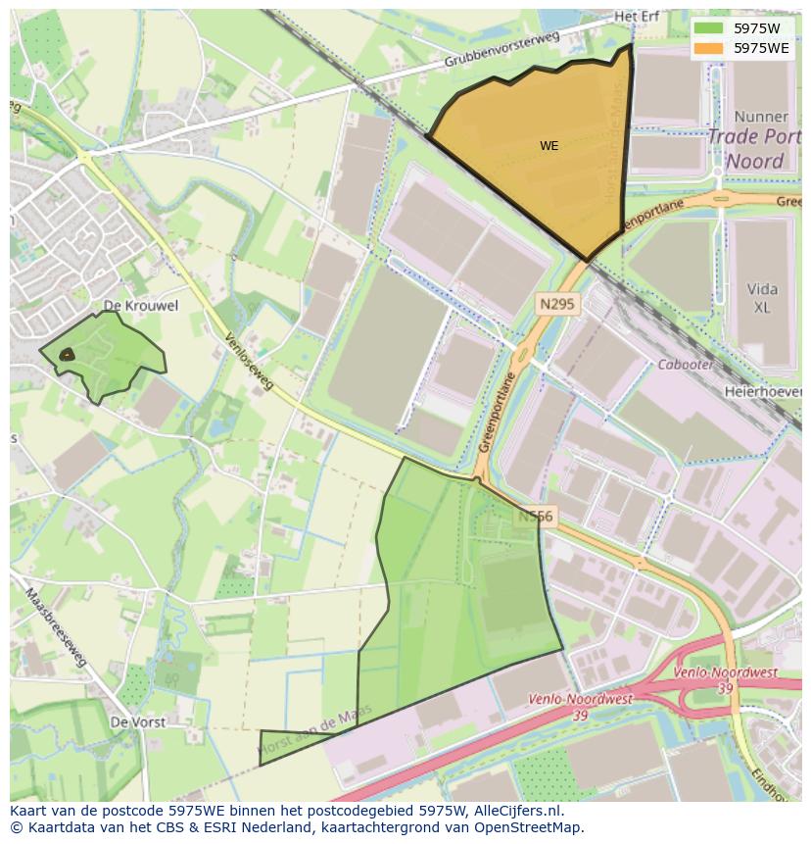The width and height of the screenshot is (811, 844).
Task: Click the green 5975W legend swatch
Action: pos(708,28)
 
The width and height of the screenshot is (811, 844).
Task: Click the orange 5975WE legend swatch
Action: pos(708,47)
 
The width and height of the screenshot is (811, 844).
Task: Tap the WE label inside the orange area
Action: pos(549,146)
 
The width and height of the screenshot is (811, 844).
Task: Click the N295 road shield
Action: pos(557,306)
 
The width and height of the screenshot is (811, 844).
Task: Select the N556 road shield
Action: pos(537,516)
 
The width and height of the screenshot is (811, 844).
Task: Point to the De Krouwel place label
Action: pos(141,306)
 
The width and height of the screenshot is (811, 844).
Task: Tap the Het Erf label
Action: pos(637,17)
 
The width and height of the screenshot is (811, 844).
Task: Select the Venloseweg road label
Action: pos(249,362)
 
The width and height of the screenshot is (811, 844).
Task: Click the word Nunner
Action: pos(760,116)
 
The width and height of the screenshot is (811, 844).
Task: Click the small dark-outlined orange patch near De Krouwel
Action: pos(66,355)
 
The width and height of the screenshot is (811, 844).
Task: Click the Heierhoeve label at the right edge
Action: pos(763,391)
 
